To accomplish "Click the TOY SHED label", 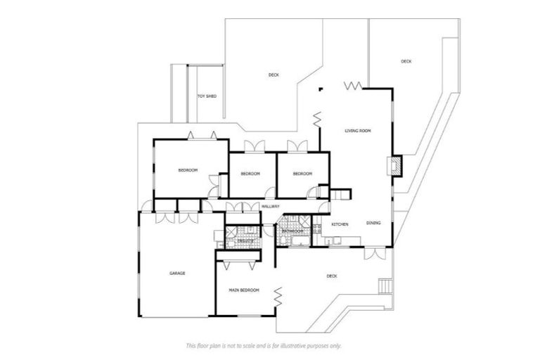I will pos(206,96).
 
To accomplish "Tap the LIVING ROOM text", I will pos(357,131).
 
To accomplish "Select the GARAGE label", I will pos(176,273).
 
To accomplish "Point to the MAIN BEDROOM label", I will pos(244,290).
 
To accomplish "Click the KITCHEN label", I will pos(340,224).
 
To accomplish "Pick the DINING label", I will pos(373,223).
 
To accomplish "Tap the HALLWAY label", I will pos(271,206).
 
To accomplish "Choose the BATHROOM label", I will pos(292,231).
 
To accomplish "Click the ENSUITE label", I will pos(245,240).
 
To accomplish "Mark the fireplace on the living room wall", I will pos(395,165).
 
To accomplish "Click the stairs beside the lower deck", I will pos(384,286).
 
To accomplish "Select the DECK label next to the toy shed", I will pos(274,75).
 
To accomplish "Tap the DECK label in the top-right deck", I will pos(406,61).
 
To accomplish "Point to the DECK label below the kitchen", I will pos(332,276).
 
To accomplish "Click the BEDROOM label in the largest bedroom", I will pos(187,170).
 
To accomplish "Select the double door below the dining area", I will pos(375,252).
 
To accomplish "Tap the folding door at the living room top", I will pos(353,85).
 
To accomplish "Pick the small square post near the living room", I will pos(320,89).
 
